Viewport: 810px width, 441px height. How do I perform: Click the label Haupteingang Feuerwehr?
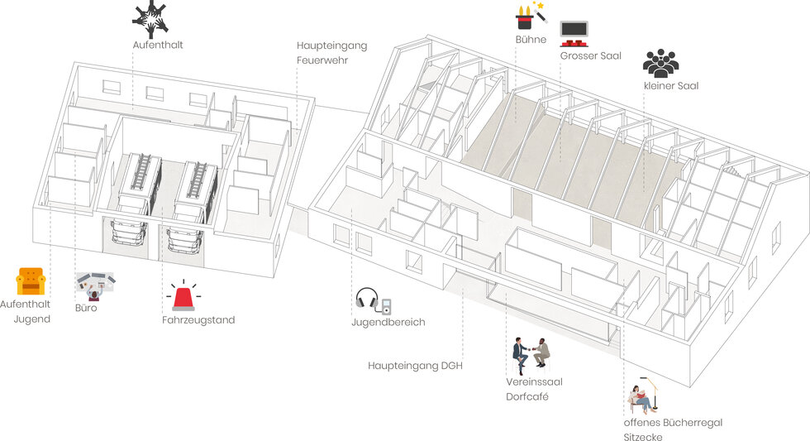point(331,53)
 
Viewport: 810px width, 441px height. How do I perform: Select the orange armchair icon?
point(31,281)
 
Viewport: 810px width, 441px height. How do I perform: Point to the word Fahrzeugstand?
point(198,320)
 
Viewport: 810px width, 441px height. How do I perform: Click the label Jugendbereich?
point(388,322)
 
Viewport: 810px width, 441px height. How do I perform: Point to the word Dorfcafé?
point(527,396)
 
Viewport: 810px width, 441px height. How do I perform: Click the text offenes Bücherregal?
point(673,422)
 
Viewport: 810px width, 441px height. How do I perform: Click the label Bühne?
point(530,39)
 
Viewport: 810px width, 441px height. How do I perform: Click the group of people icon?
point(660,64)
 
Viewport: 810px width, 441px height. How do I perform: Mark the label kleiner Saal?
point(671,85)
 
